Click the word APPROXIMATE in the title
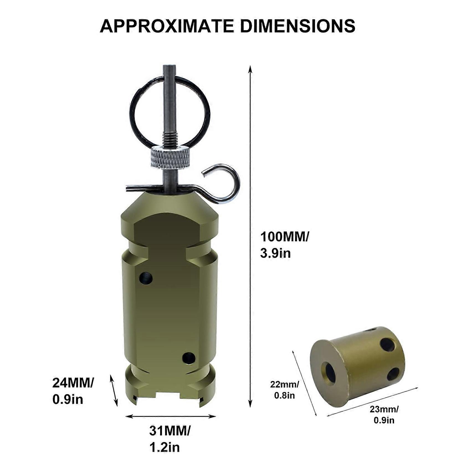click(167, 26)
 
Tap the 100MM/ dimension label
click(285, 237)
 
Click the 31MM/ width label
click(170, 431)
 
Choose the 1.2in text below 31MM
click(165, 447)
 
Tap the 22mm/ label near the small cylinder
click(285, 385)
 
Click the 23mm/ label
click(384, 409)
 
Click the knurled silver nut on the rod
click(170, 158)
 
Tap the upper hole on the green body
click(146, 278)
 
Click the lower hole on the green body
click(189, 358)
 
